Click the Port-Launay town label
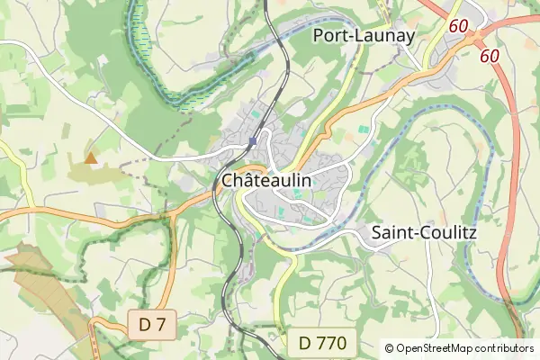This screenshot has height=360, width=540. pyautogui.click(x=363, y=36)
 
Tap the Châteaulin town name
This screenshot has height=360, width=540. pyautogui.click(x=266, y=180)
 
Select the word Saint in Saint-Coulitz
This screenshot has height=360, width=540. pyautogui.click(x=391, y=233)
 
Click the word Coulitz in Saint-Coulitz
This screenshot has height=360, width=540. pyautogui.click(x=447, y=233)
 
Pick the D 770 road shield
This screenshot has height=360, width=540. pyautogui.click(x=322, y=343)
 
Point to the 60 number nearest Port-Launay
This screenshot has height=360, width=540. pyautogui.click(x=458, y=26)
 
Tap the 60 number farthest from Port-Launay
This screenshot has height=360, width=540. pyautogui.click(x=490, y=56)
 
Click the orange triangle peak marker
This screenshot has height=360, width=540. pyautogui.click(x=90, y=157)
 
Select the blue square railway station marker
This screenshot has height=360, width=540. pyautogui.click(x=253, y=141)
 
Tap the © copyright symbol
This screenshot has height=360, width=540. pyautogui.click(x=389, y=348)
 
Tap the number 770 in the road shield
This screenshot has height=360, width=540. pyautogui.click(x=332, y=343)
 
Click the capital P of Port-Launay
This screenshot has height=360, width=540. pyautogui.click(x=318, y=36)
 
